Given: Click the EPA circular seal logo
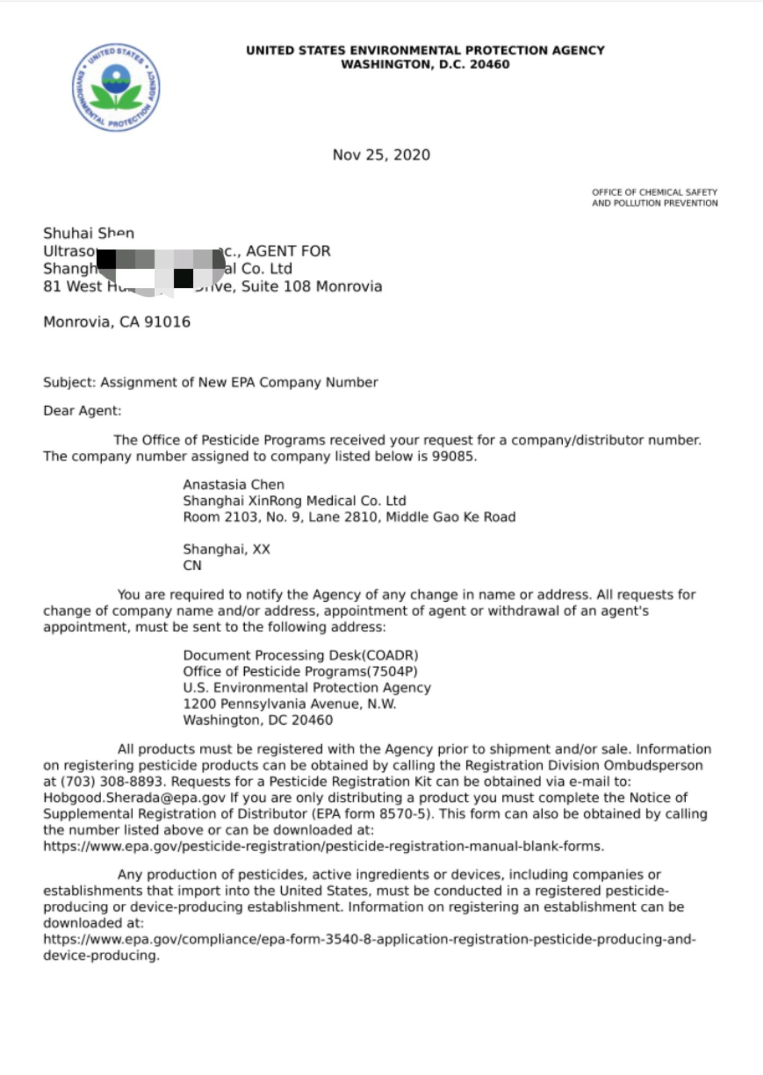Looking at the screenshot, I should coord(116,87).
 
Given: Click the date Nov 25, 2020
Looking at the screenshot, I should coord(381,155).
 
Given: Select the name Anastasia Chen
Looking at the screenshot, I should coord(234,484).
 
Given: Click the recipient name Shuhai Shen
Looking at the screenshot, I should coord(88,233).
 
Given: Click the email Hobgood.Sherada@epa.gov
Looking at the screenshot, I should coord(135,798).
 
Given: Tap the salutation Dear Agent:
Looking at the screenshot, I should coord(82,411).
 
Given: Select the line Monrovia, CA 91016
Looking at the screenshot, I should coord(117,322).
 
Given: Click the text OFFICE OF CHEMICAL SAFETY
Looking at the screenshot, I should coord(654,192).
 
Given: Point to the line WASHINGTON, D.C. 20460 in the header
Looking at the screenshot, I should coord(425,65).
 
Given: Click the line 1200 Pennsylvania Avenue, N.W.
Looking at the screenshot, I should coord(289,704).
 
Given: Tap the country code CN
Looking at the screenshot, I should coord(192,566).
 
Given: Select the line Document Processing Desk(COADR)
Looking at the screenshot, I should coord(300,655).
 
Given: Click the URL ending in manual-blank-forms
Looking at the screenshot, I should coord(323,846).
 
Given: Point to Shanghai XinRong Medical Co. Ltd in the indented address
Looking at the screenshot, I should coord(294,501).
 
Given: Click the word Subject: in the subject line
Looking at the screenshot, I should coord(69,383).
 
